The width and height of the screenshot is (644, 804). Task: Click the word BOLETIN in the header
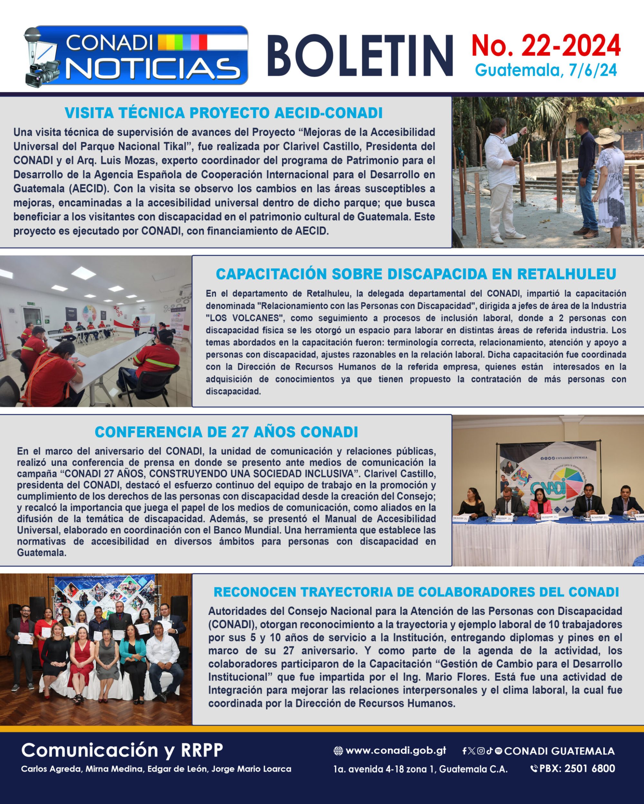coord(360,56)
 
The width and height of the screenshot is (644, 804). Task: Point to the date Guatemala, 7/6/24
coord(546,70)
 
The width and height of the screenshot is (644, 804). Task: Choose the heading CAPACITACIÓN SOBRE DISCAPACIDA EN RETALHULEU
coord(416,274)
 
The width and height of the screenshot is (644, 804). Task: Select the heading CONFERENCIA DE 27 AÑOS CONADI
coord(226,432)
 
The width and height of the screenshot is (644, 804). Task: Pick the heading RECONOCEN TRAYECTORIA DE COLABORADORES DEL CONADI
coord(416,592)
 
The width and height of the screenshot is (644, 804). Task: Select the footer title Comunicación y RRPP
coord(122,750)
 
